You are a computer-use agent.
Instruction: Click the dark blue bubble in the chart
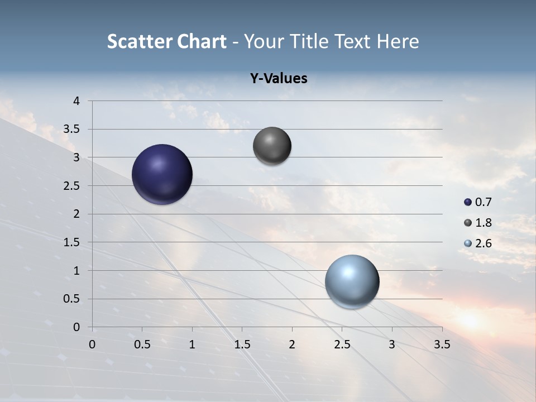[162, 174]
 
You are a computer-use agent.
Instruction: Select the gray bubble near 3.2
[272, 146]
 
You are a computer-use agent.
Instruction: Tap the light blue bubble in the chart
[352, 281]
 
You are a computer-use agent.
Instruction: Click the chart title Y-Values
[279, 78]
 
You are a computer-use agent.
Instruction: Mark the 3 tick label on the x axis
[392, 344]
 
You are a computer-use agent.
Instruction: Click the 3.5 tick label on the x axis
[442, 344]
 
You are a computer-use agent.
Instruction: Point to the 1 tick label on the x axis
[192, 344]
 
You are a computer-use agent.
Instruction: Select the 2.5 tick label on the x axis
[342, 344]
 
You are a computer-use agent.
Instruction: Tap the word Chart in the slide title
[202, 41]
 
